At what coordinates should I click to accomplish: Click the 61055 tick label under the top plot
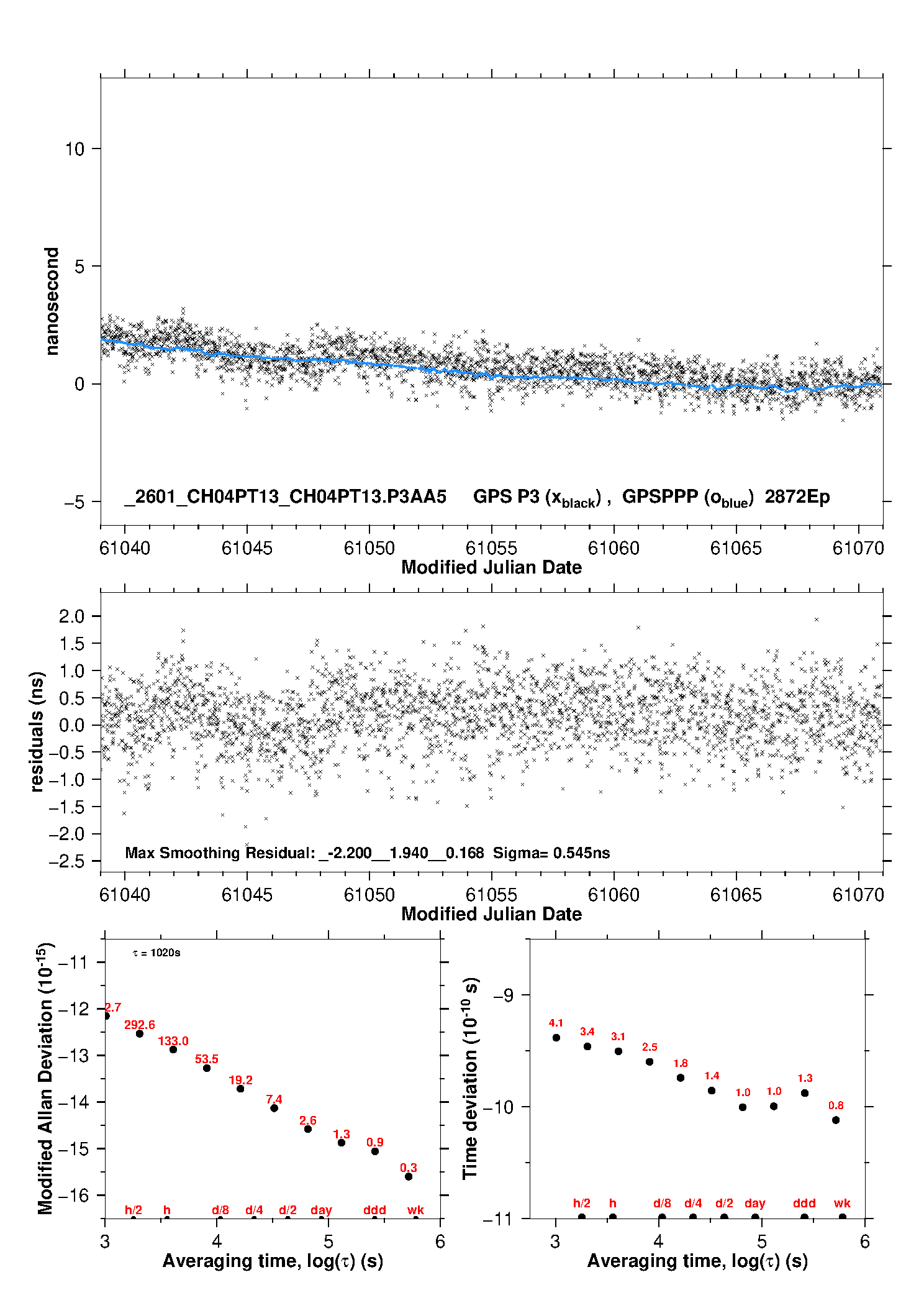click(491, 548)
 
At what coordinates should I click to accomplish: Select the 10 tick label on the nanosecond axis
click(75, 149)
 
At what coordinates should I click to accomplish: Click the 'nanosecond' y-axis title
click(52, 301)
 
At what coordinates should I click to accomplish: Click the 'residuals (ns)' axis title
click(37, 731)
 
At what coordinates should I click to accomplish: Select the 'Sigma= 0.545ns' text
click(551, 853)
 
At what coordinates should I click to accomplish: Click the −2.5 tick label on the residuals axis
click(66, 861)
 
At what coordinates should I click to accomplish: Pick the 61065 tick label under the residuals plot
click(736, 895)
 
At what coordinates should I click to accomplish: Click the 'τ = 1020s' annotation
click(156, 953)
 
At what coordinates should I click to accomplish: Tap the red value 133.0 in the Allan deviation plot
click(173, 1041)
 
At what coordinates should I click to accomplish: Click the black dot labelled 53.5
click(207, 1068)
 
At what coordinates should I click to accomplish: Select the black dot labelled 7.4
click(274, 1108)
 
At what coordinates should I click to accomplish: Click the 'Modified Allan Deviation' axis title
click(45, 1078)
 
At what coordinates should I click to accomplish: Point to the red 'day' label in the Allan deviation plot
click(321, 1210)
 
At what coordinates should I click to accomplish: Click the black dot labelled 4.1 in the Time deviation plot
click(556, 1038)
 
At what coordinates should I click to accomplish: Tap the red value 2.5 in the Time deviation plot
click(650, 1047)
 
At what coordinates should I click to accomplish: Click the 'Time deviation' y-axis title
click(470, 1078)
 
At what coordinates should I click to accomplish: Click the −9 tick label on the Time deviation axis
click(503, 995)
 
